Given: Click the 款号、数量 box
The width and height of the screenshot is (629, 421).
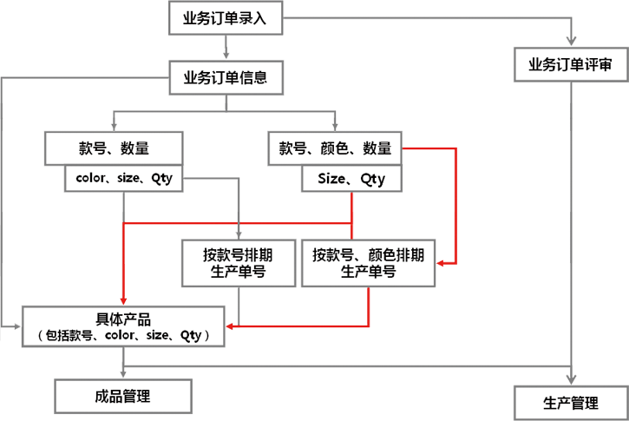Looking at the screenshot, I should click(x=114, y=148).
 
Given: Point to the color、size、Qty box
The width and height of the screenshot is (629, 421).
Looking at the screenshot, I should click(x=119, y=179).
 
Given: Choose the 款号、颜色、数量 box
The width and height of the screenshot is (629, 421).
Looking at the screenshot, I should click(x=334, y=148).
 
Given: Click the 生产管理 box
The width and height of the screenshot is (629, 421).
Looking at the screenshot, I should click(x=570, y=403).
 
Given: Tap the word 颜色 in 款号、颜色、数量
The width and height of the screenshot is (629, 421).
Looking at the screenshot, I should click(x=334, y=148).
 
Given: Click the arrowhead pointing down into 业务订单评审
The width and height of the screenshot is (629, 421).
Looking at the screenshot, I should click(x=569, y=39).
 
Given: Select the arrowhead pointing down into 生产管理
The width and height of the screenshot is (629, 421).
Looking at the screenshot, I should click(x=569, y=378).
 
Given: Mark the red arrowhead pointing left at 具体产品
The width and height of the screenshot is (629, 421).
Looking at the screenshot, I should click(x=229, y=326).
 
